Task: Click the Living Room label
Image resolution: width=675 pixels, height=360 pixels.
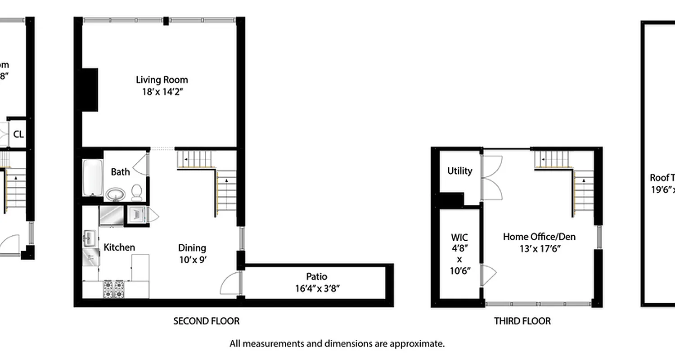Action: point(162,80)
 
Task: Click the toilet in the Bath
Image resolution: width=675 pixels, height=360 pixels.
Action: point(137,192)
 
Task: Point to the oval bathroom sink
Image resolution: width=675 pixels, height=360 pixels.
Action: point(116,194)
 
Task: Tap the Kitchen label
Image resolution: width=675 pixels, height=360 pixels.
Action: point(119,247)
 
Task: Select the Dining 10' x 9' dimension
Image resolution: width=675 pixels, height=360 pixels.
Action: point(192,260)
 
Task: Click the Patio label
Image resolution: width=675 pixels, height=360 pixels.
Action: point(316,276)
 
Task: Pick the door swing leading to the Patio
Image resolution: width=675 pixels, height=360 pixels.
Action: point(230,283)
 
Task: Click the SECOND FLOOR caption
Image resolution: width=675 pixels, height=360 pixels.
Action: point(207,321)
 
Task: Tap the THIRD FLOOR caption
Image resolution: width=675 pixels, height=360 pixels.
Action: point(522,321)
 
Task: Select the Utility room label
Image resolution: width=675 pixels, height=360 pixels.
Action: point(459,171)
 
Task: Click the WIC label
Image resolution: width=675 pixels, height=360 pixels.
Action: point(459,237)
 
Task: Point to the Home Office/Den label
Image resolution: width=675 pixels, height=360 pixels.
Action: point(539,237)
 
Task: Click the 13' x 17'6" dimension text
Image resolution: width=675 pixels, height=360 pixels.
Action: point(539,248)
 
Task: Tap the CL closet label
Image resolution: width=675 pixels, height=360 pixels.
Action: point(18,134)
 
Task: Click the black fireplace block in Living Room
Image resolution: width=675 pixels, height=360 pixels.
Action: point(90,90)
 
